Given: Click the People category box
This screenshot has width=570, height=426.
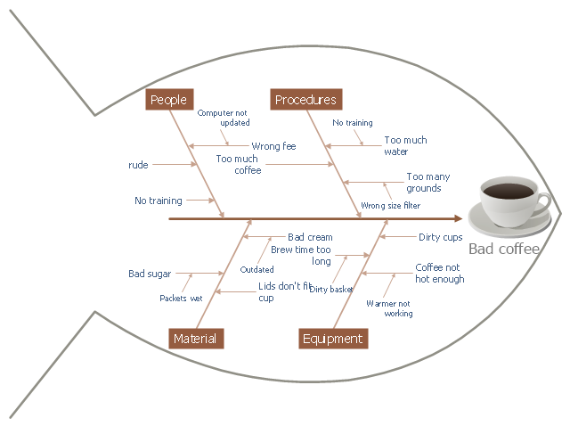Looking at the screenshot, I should coord(168,100).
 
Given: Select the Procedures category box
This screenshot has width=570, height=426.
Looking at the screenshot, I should coord(305,100).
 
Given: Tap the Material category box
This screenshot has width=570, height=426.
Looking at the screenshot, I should coord(195,339).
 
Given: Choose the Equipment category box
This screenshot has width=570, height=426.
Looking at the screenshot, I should coord(332,339).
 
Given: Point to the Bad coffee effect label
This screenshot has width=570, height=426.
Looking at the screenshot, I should coord(504,249).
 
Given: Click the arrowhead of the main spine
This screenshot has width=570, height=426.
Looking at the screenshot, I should coord(457,217).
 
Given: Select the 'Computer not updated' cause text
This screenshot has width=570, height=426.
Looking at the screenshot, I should coord(223,118).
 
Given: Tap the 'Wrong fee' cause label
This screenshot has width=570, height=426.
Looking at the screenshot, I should coord(273,146).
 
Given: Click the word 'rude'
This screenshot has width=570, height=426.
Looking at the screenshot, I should coord(138,165).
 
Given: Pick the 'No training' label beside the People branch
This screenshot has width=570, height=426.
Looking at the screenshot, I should coord(159,201).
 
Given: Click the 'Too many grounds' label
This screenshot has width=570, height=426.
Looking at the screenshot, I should coord(423,183).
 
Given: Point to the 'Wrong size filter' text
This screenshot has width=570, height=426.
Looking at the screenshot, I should coord(390,206).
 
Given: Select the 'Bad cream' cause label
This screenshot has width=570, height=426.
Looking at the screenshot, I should coord(310,237).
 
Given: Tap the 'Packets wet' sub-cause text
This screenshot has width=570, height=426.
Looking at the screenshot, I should coord(181,298).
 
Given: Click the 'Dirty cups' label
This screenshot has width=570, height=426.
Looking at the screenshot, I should coord(440,237).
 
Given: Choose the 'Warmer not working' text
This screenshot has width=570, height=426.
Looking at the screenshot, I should coord(389,308).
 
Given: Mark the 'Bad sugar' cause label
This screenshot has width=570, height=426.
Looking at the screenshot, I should coord(149,274).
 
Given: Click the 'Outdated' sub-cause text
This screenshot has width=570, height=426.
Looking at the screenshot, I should coord(256,269).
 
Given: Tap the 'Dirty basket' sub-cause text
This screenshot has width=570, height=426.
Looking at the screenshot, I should coord(331,289).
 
